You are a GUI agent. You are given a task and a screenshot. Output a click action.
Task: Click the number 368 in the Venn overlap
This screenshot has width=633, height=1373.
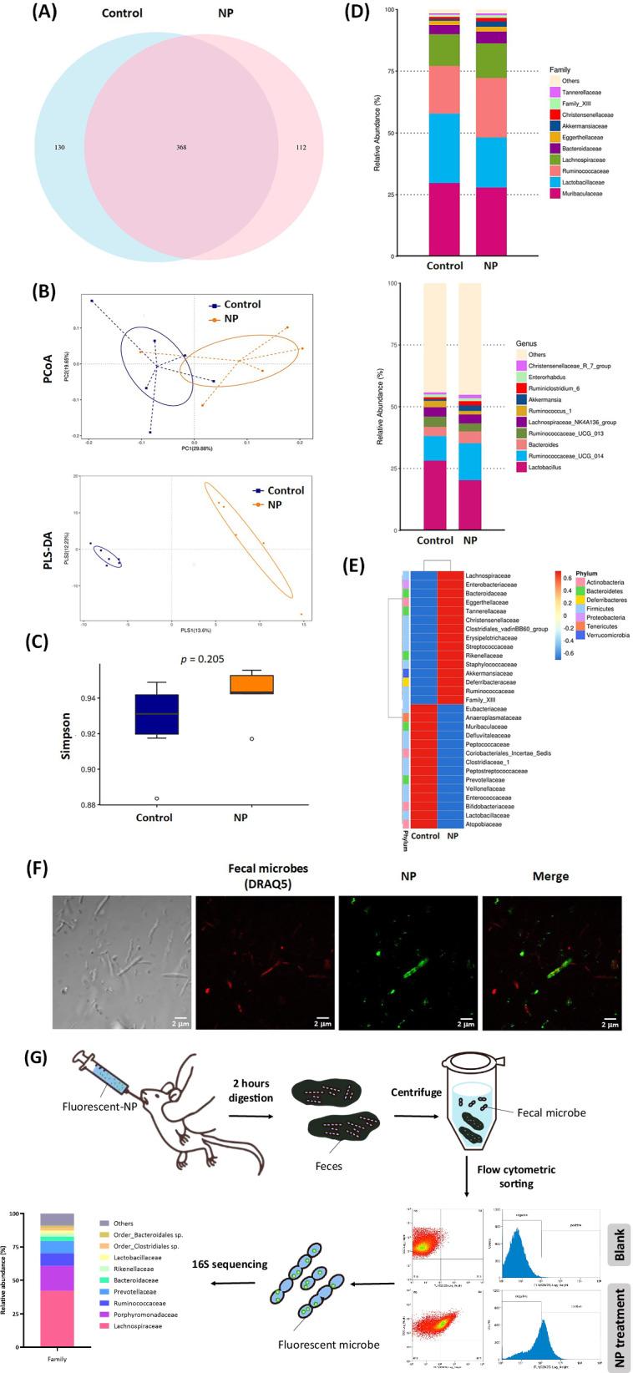click(x=180, y=148)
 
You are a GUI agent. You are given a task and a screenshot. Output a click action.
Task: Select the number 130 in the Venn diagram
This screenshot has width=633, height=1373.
click(x=59, y=148)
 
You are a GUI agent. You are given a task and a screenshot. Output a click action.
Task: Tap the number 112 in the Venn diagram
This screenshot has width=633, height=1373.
click(x=300, y=148)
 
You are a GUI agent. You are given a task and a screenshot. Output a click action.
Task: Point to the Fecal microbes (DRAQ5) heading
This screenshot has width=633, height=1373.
click(x=265, y=876)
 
